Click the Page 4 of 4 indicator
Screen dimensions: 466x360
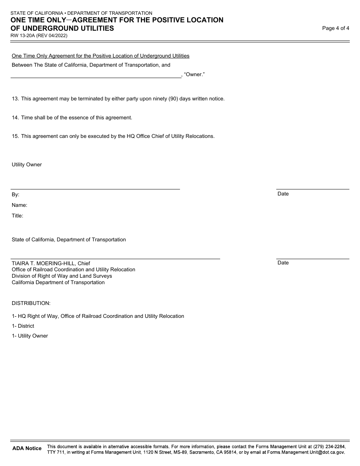click(335, 28)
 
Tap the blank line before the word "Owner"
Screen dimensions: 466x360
click(96, 75)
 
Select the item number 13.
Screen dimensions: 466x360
click(15, 99)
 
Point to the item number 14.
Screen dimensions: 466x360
click(15, 117)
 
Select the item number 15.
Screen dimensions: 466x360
click(15, 136)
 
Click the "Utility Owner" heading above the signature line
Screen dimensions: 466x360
click(27, 165)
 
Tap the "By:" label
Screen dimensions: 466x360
click(16, 194)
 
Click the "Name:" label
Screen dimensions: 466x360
click(19, 205)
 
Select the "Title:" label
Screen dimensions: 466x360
click(17, 216)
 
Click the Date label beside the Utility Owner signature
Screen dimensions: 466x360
click(283, 194)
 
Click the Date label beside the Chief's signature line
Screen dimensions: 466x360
click(283, 263)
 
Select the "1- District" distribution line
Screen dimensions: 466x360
click(23, 326)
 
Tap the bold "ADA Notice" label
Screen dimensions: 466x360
click(27, 448)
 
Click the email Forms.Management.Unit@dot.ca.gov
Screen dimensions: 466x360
click(306, 452)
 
